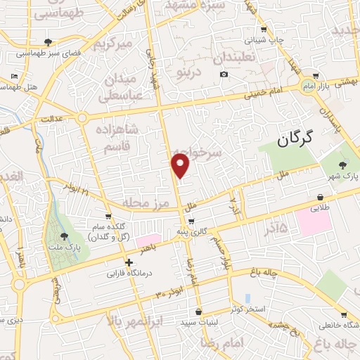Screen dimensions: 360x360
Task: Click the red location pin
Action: pos(181,165)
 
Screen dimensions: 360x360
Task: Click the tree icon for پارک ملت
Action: pos(65,238)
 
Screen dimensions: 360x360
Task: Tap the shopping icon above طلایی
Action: pos(321,198)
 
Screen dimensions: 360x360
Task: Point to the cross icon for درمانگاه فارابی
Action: pos(129,262)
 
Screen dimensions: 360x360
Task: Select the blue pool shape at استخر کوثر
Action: pos(247,298)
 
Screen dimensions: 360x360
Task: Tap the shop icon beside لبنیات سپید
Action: pos(200,311)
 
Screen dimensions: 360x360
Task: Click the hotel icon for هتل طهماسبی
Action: pos(15,76)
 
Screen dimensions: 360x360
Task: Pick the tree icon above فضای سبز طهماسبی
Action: pos(48,41)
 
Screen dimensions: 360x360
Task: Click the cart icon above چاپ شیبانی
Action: pos(264,30)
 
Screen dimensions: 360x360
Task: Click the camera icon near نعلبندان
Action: pos(224,74)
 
